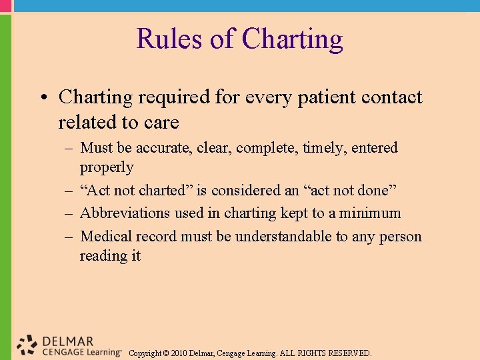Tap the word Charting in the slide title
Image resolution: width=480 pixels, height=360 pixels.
pos(293,40)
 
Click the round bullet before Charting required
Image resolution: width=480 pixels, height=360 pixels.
pos(43,97)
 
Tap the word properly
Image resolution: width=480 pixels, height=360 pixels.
pos(107,167)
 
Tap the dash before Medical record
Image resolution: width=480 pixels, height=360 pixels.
pos(69,237)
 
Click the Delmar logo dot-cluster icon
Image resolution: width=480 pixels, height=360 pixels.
pos(27,344)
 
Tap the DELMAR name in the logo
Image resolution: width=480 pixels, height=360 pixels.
pos(68,341)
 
